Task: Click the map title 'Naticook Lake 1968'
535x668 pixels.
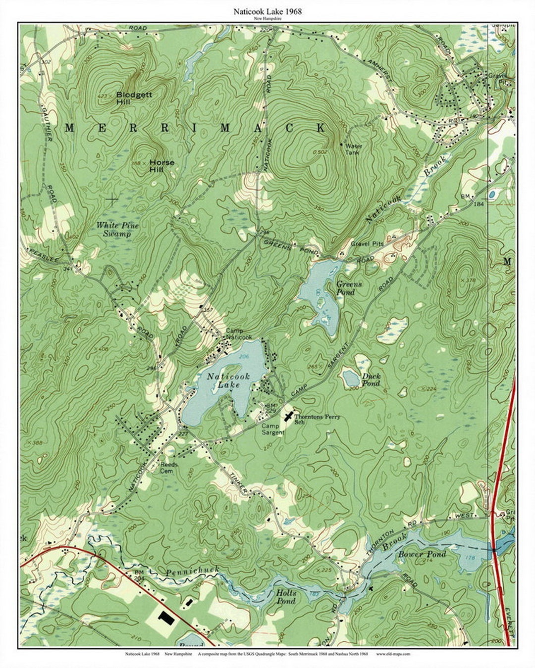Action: click(267, 11)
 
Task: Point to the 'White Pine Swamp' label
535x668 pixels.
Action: click(117, 229)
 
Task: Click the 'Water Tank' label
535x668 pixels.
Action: click(354, 149)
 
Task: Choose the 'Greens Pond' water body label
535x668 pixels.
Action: click(349, 288)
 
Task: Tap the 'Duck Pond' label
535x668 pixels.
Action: click(371, 380)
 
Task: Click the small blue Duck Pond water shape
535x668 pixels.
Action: click(351, 379)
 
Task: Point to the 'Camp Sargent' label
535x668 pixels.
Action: click(272, 429)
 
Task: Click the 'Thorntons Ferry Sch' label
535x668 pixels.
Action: click(317, 420)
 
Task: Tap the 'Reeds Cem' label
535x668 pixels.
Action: click(169, 468)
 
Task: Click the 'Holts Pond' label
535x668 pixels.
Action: click(285, 597)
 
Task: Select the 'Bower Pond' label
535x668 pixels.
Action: click(422, 554)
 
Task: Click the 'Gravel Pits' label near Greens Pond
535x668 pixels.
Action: click(367, 244)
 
